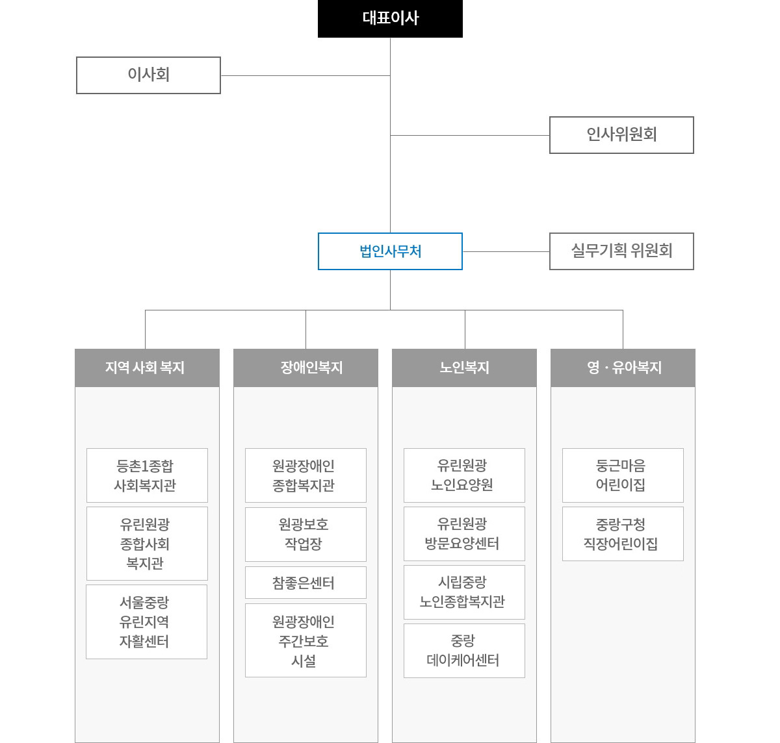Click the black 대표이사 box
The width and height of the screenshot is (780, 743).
(x=390, y=19)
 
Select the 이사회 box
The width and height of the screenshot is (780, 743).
(x=148, y=75)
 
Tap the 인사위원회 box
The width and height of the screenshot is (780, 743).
(x=621, y=135)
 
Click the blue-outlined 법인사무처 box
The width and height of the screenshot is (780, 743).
(x=390, y=251)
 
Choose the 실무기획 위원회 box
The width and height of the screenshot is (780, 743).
(x=621, y=251)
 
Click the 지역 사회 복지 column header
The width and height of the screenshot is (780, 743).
(x=147, y=368)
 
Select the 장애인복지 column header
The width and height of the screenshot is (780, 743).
(x=305, y=368)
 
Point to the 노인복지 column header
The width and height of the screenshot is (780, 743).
(x=464, y=368)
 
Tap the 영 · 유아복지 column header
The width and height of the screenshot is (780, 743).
(x=623, y=368)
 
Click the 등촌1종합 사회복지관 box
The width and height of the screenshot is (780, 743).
(x=147, y=475)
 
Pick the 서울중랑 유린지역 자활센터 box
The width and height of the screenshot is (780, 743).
(x=146, y=622)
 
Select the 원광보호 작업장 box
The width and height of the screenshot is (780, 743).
(x=305, y=535)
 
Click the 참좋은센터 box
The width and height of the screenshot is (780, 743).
(x=305, y=583)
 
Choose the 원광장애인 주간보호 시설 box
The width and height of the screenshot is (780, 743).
(x=305, y=640)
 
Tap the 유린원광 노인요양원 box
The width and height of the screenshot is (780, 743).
(x=464, y=475)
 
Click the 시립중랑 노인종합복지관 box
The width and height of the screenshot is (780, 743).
(x=464, y=592)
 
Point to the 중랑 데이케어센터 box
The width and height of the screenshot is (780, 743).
(x=464, y=651)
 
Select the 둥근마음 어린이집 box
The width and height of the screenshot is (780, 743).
(x=623, y=475)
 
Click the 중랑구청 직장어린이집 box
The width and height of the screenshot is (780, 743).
(x=623, y=534)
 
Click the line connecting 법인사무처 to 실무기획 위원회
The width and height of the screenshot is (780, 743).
(x=506, y=251)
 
